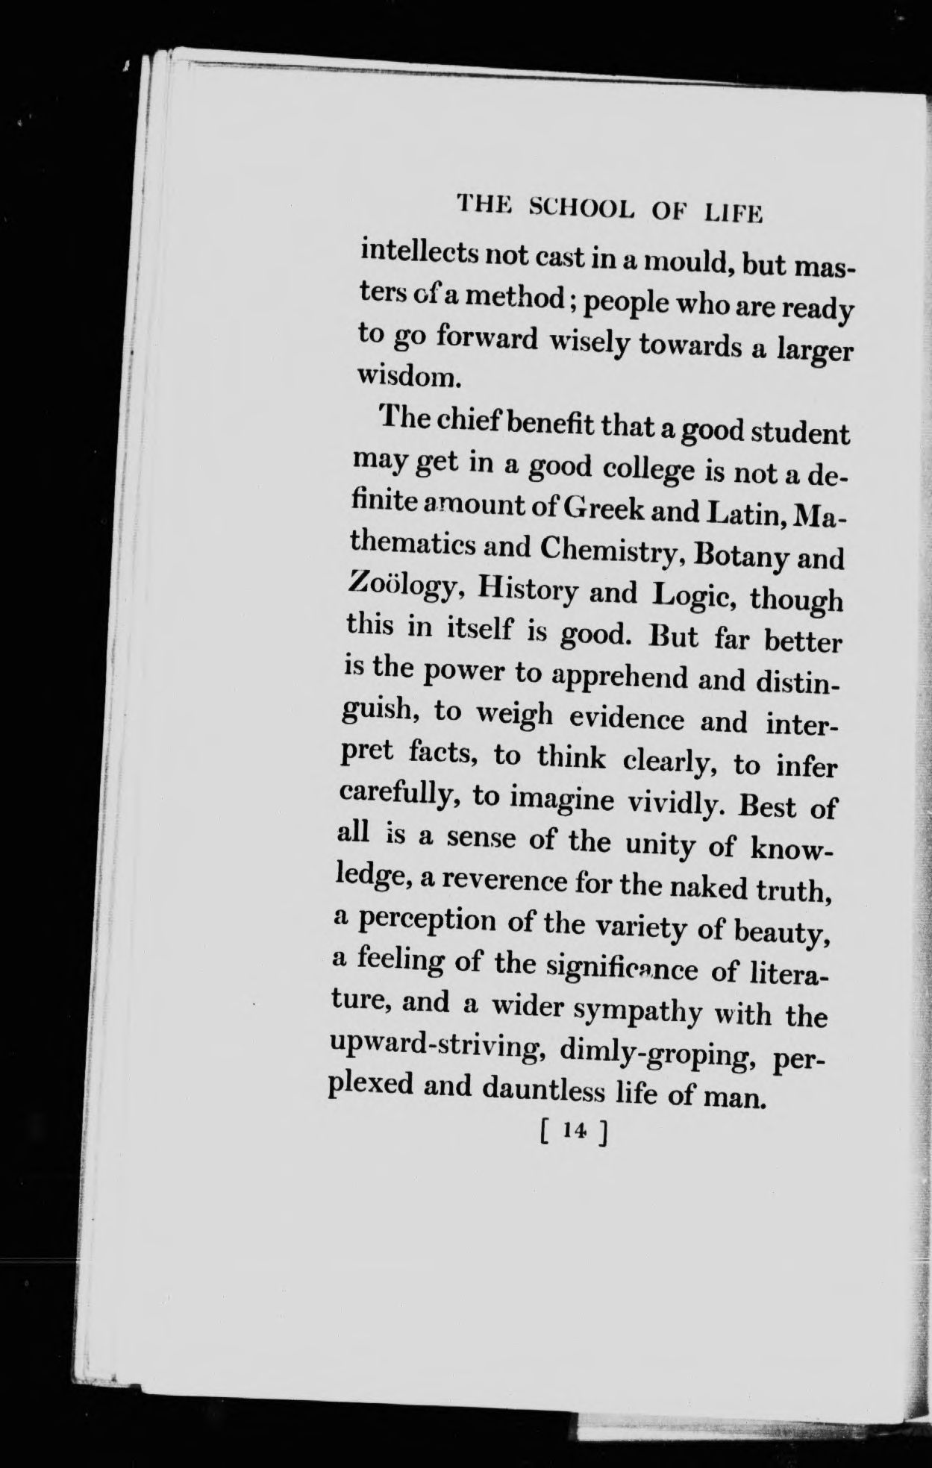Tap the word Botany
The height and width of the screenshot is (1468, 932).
[731, 556]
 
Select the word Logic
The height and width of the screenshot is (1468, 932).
[693, 596]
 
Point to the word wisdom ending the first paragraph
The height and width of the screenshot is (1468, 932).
[405, 375]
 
